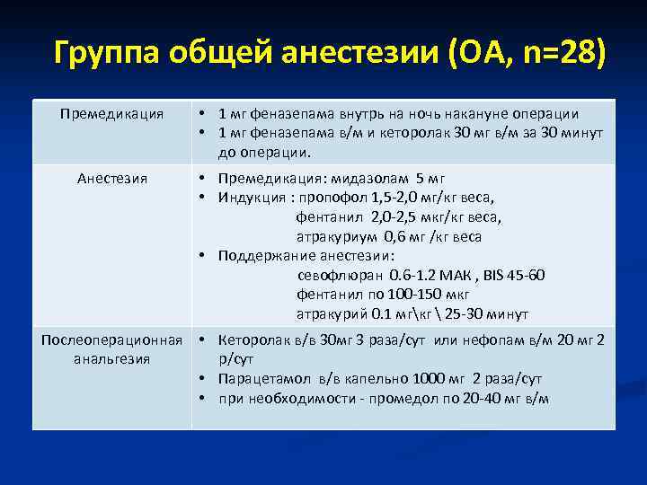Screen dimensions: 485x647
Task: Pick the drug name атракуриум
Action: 336,237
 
